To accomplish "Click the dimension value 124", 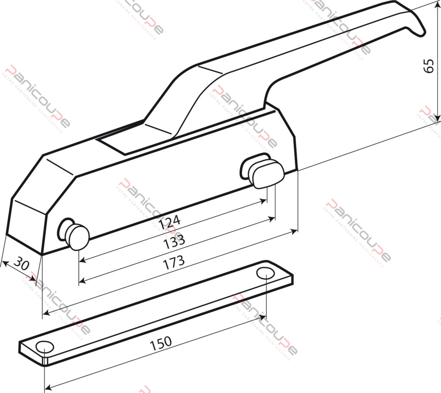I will point(169,223).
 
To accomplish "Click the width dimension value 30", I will point(21,262).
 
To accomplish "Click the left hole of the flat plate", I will point(44,347).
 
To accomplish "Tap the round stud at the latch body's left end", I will point(78,236).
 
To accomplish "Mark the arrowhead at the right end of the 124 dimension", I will point(264,201).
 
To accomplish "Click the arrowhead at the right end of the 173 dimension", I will point(294,232).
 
